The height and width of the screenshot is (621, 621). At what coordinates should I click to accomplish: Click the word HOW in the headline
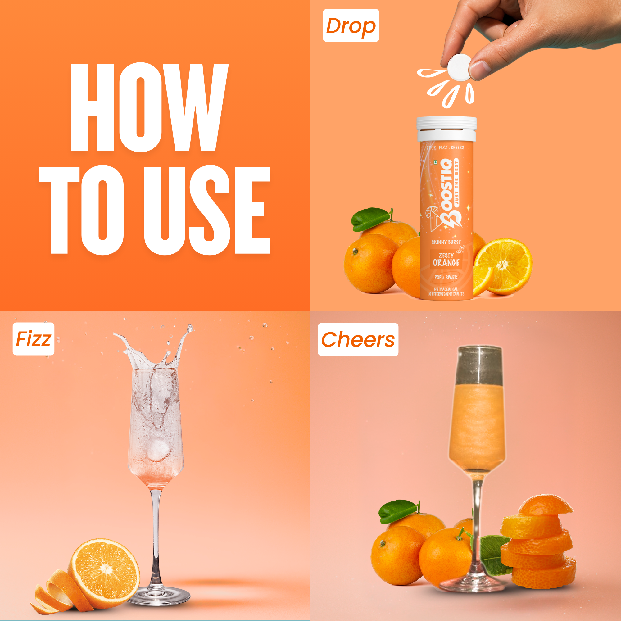coord(149,107)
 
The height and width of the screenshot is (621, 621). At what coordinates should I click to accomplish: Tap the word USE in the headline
coord(207,211)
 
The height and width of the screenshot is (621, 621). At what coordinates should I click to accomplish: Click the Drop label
coord(351,25)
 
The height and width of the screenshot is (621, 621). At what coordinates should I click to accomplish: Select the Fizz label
coord(34,339)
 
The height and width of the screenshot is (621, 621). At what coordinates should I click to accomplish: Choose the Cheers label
coord(358,339)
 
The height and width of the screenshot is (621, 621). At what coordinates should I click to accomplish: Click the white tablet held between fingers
coord(459,67)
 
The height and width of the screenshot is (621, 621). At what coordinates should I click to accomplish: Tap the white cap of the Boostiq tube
coord(446,129)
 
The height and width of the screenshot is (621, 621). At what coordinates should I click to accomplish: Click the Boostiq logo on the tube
coord(447,193)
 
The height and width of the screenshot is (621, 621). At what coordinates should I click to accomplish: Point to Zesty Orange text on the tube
coord(446,260)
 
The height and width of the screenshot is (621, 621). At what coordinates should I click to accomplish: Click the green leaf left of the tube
coord(370,219)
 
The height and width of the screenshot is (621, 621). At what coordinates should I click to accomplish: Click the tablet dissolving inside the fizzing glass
coord(158,450)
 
